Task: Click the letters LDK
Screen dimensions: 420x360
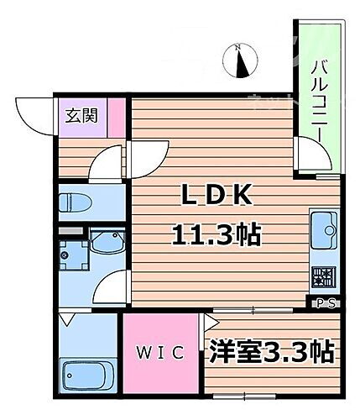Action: (217, 195)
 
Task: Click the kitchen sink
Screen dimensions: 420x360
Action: (323, 227)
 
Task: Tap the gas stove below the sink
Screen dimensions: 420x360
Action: (323, 276)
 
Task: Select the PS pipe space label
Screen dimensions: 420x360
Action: (326, 302)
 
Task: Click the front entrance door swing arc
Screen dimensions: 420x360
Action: (35, 113)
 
